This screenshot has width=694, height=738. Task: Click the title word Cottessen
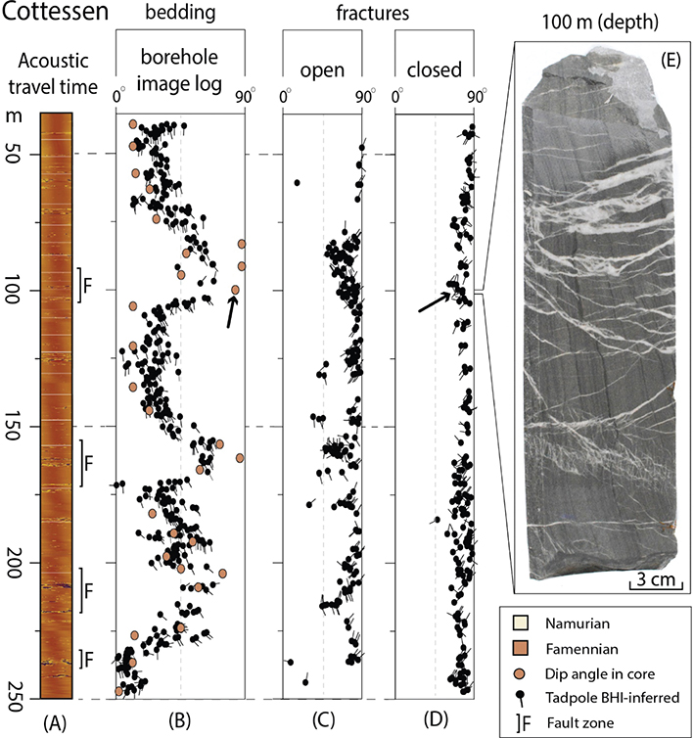click(x=55, y=12)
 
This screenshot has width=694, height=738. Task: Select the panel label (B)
click(x=179, y=720)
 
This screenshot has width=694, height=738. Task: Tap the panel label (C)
click(x=323, y=720)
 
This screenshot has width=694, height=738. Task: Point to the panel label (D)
click(x=436, y=719)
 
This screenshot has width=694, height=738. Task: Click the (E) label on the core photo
click(x=671, y=60)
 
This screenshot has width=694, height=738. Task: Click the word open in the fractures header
click(x=322, y=70)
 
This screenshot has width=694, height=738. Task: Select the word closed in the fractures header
click(x=434, y=69)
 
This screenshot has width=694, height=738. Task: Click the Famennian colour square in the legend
click(x=521, y=648)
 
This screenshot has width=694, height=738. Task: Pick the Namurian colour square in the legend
click(x=521, y=623)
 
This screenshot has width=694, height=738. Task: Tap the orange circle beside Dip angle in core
click(x=521, y=673)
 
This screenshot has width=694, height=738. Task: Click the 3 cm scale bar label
click(x=656, y=578)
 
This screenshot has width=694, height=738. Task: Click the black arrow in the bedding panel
click(x=231, y=311)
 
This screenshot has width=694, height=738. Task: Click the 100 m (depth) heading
click(x=600, y=23)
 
